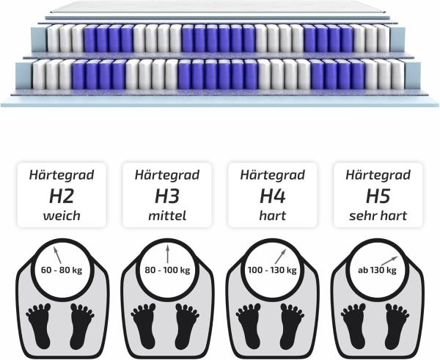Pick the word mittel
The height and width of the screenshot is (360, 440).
click(167, 216)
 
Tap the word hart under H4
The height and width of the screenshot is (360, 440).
click(273, 216)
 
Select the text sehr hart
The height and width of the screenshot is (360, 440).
click(378, 216)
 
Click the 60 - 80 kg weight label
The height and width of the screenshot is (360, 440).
click(62, 270)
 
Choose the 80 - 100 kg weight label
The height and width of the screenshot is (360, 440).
click(167, 270)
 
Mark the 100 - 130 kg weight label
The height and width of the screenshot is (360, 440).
click(273, 270)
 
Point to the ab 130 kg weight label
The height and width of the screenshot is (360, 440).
click(377, 270)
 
